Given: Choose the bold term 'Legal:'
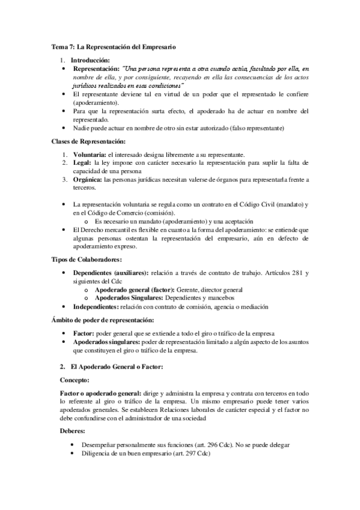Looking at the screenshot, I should click(82, 163).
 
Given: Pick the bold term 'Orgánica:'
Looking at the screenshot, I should click(87, 180).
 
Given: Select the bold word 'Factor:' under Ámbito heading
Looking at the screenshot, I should click(82, 333).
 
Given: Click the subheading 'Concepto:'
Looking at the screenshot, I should click(76, 380).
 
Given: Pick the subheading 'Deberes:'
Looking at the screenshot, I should click(74, 431).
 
